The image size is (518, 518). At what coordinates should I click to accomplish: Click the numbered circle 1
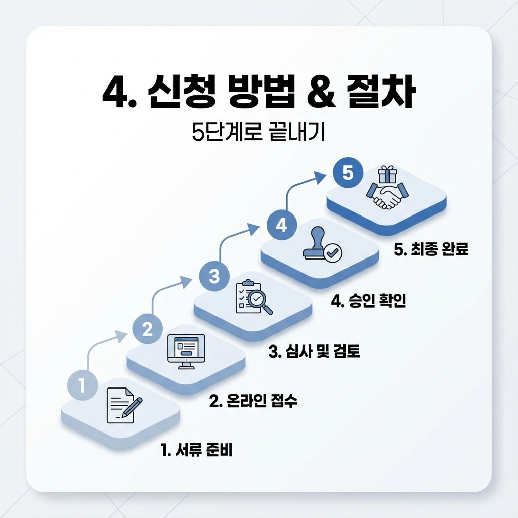(81, 387)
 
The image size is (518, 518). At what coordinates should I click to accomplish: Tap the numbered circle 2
(147, 330)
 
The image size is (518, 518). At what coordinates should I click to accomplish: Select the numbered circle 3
(214, 276)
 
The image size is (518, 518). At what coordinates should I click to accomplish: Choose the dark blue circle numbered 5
(348, 173)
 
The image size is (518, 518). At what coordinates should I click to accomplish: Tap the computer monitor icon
(186, 351)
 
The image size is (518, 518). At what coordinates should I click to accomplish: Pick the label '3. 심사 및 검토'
(314, 351)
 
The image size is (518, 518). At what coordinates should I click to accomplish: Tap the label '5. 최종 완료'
(430, 250)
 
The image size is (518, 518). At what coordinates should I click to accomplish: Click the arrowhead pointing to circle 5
(320, 176)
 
